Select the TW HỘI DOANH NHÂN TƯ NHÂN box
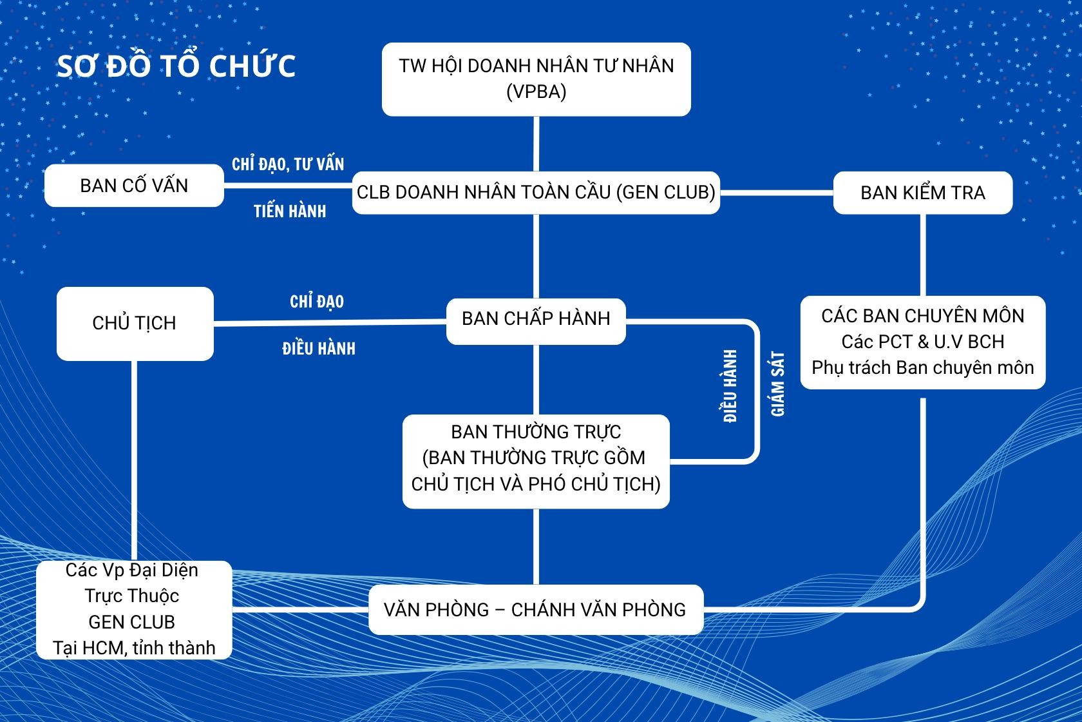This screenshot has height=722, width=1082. (536, 79)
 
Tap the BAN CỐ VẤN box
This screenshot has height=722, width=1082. (134, 186)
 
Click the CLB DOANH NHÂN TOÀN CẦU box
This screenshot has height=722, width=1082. (536, 193)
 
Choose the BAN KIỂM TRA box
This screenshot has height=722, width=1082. (923, 193)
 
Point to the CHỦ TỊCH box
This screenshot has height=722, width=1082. (135, 324)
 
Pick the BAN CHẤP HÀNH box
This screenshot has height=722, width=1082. (536, 322)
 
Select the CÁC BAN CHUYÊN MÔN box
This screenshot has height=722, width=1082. (923, 342)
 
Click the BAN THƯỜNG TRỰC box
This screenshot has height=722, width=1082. (536, 462)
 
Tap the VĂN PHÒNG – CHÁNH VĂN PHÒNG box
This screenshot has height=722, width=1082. (536, 610)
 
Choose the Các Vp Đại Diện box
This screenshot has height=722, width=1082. (134, 610)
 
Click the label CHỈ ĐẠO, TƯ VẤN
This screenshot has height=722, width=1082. (288, 164)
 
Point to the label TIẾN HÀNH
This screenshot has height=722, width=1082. (290, 211)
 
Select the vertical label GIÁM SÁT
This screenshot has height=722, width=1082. (778, 384)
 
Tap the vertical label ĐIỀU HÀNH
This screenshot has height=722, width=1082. (730, 386)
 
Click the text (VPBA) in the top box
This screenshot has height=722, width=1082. (536, 92)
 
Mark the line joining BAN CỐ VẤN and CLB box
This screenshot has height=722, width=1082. (288, 186)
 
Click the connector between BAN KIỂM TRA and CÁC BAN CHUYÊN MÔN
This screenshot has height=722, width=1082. (923, 255)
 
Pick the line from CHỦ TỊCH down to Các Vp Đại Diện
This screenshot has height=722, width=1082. (134, 460)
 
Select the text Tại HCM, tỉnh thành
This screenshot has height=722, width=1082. (134, 647)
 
